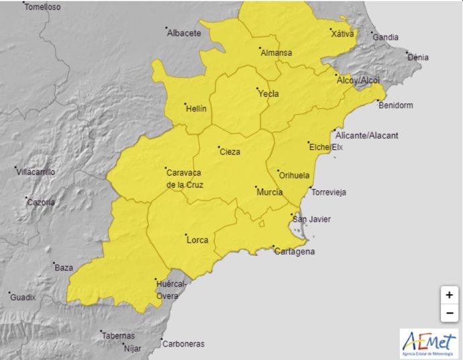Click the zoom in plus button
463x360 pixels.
coord(449,295)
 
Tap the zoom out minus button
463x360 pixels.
coord(449,314)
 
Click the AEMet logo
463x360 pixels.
coord(429,343)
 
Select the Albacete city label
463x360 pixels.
coord(184,32)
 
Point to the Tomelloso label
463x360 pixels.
coord(42,7)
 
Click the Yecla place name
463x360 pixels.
coord(268,94)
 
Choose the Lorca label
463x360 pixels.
coord(197,240)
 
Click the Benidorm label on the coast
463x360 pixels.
coord(395,105)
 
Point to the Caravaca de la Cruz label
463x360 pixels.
coord(185,179)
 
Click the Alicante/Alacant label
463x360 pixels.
coord(366,135)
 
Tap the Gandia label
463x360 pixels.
coord(384,38)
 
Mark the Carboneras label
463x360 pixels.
coord(183,343)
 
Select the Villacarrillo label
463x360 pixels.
coord(36,172)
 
